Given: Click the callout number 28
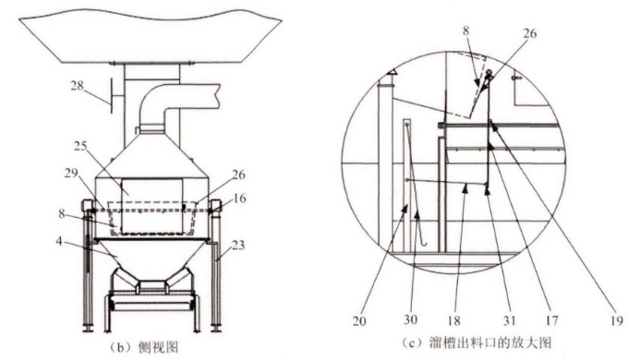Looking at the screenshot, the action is tap(78, 86).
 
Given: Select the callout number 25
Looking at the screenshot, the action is tap(80, 146).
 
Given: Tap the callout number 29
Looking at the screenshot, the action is tap(71, 173).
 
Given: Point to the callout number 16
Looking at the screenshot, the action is tap(239, 198).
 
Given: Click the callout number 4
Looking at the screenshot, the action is tap(59, 241).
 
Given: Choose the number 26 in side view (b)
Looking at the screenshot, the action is tap(238, 174).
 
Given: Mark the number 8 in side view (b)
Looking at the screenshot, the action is tap(61, 213).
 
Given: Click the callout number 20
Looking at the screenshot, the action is tap(359, 321).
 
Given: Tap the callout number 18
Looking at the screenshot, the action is tap(453, 320).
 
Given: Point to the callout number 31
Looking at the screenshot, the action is tap(509, 320).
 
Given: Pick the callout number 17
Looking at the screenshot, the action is tap(551, 320).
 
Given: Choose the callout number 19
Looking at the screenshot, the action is tap(617, 321).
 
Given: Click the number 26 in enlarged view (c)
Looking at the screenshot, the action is tap(530, 33).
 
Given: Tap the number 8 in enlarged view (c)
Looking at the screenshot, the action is tap(466, 30).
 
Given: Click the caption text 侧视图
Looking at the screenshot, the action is tap(158, 347).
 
